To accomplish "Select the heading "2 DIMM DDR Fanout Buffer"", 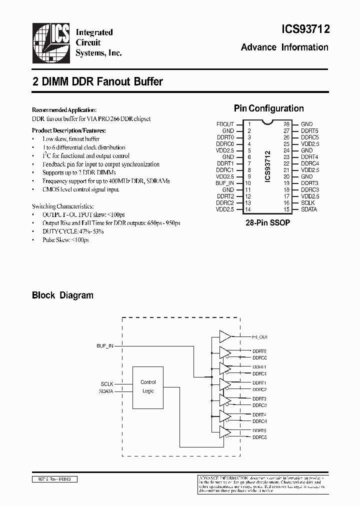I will coord(97,81).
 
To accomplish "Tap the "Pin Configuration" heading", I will coord(268,108).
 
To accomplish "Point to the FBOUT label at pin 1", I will coord(225,124).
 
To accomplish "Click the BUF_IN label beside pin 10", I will coord(225,183).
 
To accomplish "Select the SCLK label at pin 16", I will coord(308,202).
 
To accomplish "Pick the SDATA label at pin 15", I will coord(309,209).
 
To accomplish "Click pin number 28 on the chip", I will coord(286,124).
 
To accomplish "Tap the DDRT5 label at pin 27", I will coord(310,130).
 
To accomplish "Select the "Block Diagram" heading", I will coord(62,295).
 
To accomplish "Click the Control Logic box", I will coord(148,386).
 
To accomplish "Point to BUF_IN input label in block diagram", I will coord(105,345).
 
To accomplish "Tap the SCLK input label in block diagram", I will coord(107,384).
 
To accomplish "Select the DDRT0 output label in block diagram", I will coord(259,351).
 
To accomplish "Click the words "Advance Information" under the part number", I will coord(284,47).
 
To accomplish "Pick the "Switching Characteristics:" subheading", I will coord(62,206).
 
